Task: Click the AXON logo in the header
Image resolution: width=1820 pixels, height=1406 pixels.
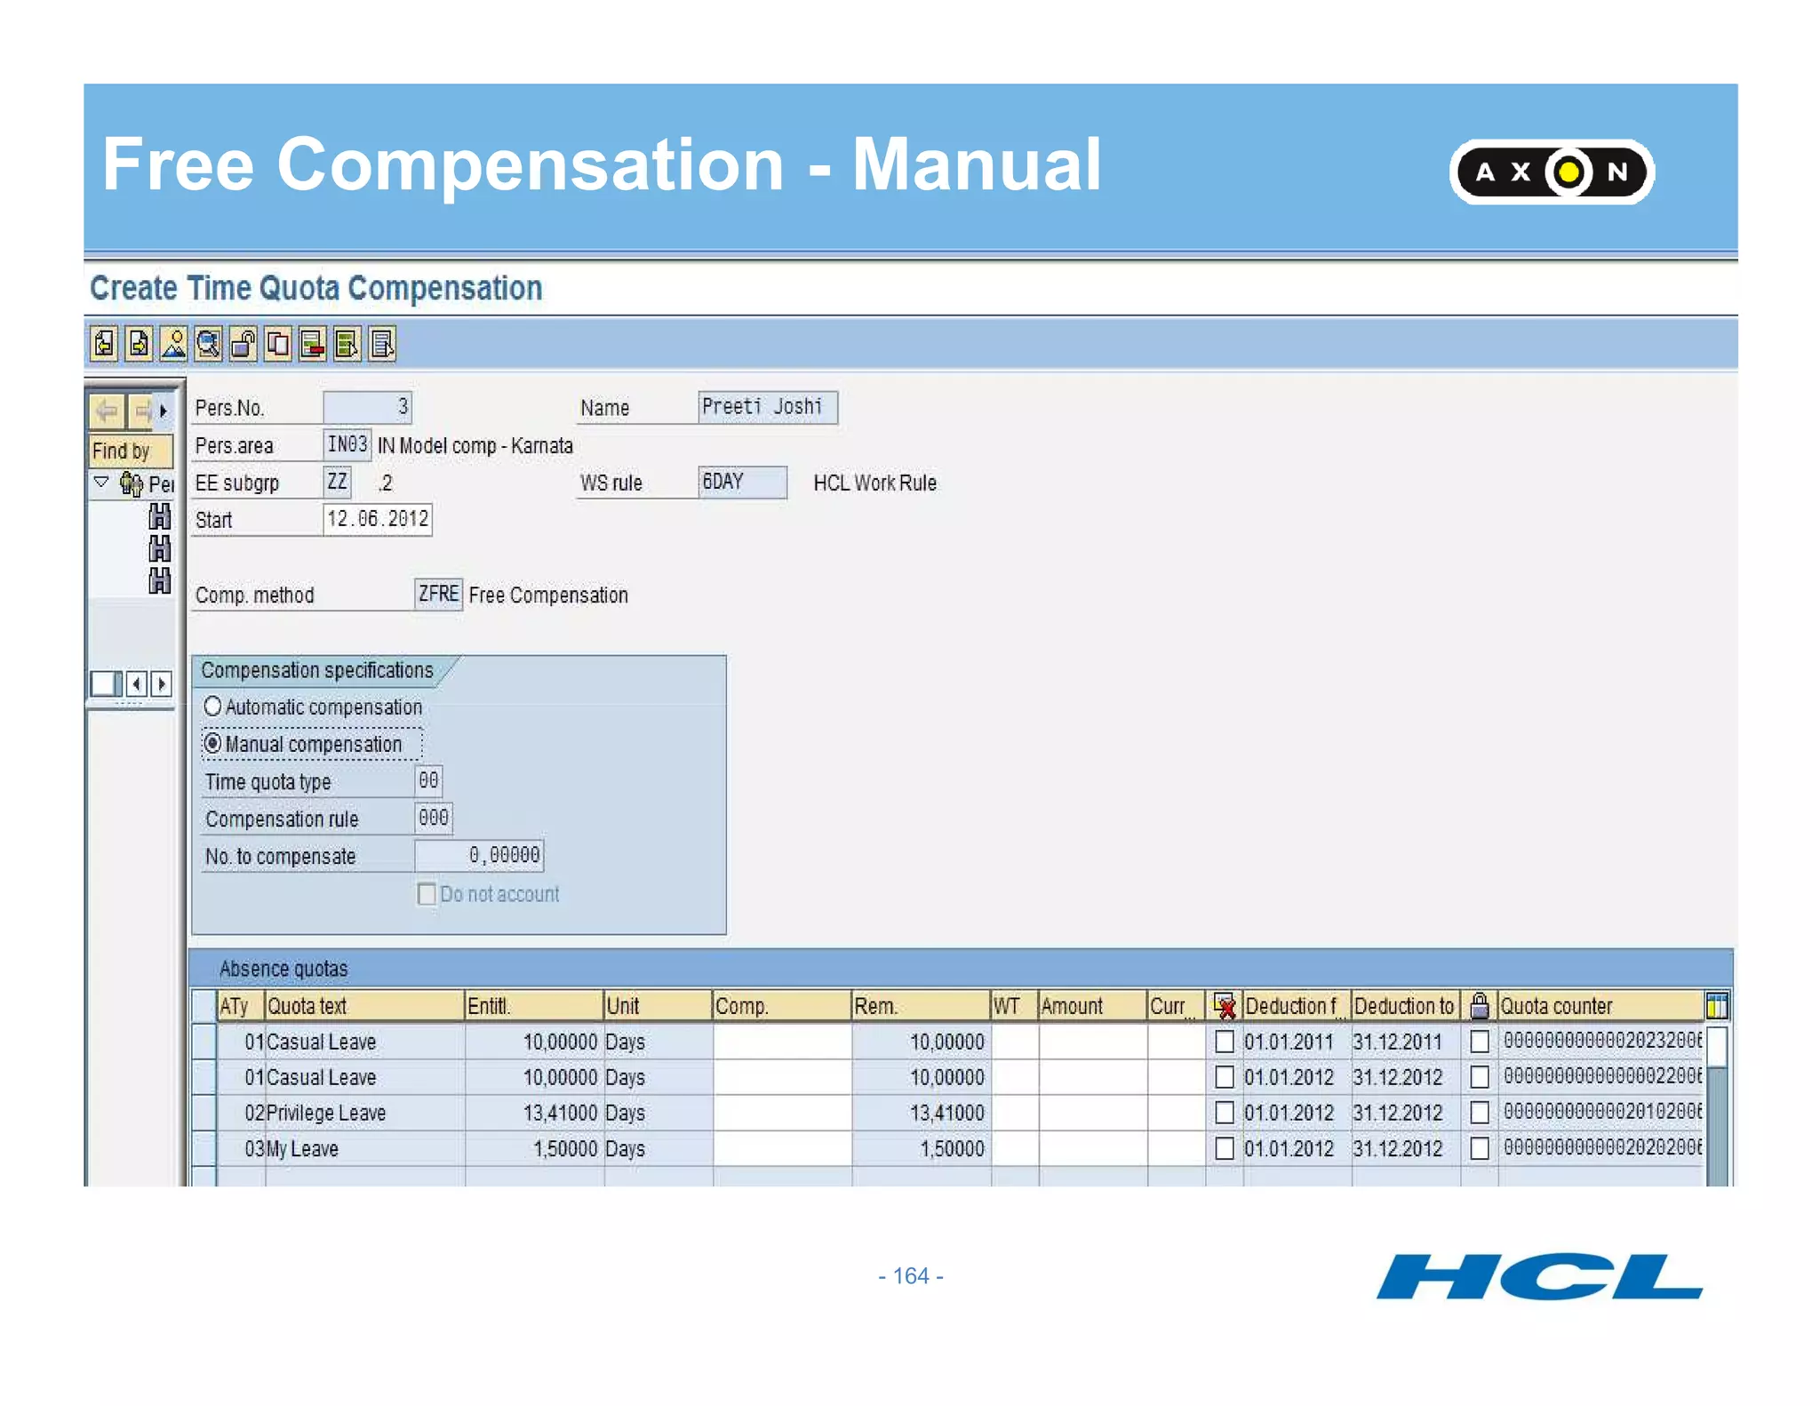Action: coord(1551,172)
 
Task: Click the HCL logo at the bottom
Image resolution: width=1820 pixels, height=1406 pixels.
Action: coord(1538,1277)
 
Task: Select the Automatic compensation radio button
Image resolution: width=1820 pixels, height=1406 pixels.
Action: coord(212,707)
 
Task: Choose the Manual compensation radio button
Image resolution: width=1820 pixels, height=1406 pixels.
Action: coord(212,743)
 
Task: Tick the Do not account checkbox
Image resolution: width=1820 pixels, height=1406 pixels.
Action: coord(427,894)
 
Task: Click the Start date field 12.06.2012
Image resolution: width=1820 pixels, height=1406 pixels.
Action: coord(377,519)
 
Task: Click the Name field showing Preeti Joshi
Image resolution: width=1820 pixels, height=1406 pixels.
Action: coord(767,407)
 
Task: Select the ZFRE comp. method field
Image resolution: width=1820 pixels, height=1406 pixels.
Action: coord(438,594)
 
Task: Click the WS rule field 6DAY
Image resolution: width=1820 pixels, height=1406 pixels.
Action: coord(741,482)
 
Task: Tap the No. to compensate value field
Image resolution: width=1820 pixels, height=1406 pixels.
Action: coord(479,855)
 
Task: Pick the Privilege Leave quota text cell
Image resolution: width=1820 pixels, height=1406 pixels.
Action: coord(326,1113)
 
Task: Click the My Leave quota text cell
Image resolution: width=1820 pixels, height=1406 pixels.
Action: coord(303,1148)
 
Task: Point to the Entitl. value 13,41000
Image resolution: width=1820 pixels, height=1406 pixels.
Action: coord(559,1113)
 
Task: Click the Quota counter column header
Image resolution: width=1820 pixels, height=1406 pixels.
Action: coord(1556,1006)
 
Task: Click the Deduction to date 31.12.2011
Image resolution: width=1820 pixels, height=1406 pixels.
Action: coord(1397,1042)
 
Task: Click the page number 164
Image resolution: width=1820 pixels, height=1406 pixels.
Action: coord(910,1276)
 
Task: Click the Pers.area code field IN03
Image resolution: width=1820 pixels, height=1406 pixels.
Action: coord(347,444)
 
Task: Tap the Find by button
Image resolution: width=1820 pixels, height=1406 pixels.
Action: coord(130,451)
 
